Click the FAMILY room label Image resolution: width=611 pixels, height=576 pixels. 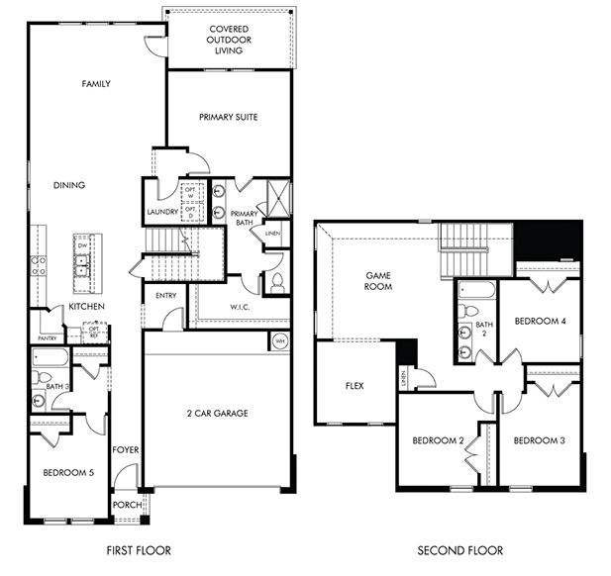(x=95, y=84)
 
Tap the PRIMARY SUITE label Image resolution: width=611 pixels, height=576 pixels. (x=228, y=117)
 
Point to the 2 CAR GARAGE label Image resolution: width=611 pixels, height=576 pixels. (x=216, y=413)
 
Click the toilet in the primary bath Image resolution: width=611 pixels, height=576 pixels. (x=276, y=282)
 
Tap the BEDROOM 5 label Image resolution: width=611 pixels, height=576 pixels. (x=68, y=473)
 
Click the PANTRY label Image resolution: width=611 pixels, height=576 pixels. (x=46, y=337)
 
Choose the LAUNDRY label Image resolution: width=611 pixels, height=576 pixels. (x=161, y=212)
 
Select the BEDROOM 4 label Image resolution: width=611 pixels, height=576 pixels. (x=541, y=322)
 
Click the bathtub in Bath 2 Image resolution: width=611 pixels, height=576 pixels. (x=475, y=291)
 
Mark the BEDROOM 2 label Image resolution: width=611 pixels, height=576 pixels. (x=439, y=440)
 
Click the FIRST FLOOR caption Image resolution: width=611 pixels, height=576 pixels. (x=138, y=550)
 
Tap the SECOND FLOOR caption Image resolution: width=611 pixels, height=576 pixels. (x=459, y=550)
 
